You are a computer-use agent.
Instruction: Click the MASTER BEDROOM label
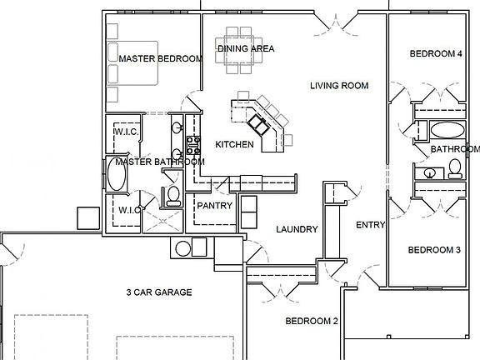[161, 59]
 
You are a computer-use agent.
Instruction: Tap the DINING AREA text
[246, 48]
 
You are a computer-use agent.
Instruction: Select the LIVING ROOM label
[339, 86]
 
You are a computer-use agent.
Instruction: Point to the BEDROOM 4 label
[436, 54]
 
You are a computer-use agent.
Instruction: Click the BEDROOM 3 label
[434, 250]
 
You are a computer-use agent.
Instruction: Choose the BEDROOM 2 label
[312, 321]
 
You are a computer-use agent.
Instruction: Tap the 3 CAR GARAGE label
[159, 292]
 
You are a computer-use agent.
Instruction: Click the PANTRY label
[214, 206]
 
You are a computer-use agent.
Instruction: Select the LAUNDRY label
[296, 229]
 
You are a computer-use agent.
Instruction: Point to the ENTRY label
[370, 225]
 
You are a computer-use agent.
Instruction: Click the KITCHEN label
[234, 145]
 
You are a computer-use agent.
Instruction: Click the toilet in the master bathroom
[173, 196]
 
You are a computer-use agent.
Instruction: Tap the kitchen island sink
[259, 124]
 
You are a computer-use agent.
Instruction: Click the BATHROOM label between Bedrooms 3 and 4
[455, 149]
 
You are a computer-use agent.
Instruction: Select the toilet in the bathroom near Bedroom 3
[455, 169]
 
